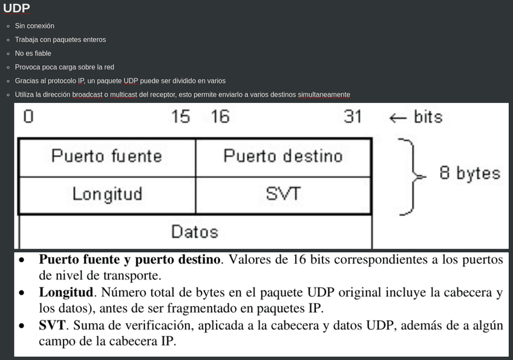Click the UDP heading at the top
pos(16,8)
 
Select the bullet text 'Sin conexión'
pos(34,26)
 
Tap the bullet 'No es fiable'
pos(33,53)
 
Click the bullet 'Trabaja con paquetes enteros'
pos(60,40)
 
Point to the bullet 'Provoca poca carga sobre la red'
pos(65,67)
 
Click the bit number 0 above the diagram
pos(28,116)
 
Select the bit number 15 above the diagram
pos(180,116)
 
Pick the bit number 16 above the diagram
pos(220,116)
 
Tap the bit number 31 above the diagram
pos(353,116)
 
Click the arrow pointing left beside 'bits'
pos(397,117)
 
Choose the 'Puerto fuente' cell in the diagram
pos(106,156)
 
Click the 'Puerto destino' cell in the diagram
pos(283,156)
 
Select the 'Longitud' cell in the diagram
pos(107,194)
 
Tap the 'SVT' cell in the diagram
pos(283,194)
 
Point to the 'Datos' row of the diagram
pos(194,231)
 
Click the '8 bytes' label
pos(469,174)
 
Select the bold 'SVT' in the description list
pos(52,326)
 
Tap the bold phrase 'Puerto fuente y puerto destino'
pos(129,260)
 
